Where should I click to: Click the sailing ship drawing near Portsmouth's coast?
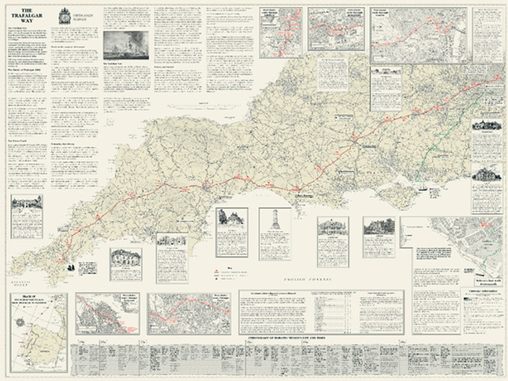tap(424, 187)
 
